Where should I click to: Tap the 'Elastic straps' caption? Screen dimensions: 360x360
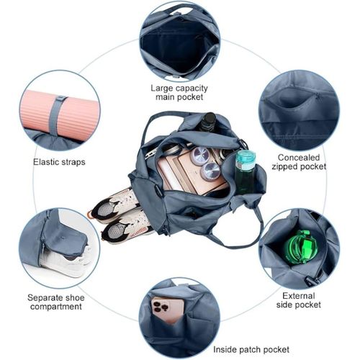(59, 162)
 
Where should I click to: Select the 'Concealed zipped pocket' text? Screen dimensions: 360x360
(301, 161)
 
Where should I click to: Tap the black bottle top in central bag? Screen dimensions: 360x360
(208, 122)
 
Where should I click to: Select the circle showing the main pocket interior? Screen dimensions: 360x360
(179, 40)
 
